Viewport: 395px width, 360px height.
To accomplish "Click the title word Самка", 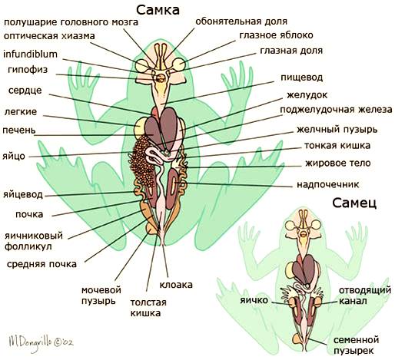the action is click(158, 10).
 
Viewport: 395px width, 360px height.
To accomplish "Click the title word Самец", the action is click(354, 203).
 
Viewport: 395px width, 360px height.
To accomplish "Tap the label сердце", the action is click(25, 91).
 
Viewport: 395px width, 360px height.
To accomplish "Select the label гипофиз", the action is click(28, 70).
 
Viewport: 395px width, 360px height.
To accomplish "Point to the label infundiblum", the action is click(30, 54).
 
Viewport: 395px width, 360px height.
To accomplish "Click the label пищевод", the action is click(301, 78).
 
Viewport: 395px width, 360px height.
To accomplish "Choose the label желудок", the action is click(307, 95).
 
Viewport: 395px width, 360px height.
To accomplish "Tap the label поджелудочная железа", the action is click(336, 110).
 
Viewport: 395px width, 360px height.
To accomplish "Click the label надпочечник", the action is click(328, 184).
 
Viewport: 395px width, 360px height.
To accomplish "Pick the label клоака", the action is click(176, 285).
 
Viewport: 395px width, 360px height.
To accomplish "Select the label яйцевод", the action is click(23, 195).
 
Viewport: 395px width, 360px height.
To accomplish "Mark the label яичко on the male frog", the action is click(254, 300).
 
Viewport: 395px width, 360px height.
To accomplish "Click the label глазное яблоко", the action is click(276, 35).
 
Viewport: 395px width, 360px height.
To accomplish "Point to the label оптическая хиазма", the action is click(49, 36).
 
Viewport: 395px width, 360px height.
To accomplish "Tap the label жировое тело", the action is click(337, 163).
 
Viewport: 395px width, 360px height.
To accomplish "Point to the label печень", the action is click(19, 130).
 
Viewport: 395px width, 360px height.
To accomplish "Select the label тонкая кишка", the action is click(337, 146).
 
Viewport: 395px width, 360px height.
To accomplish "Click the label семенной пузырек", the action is click(356, 345).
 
